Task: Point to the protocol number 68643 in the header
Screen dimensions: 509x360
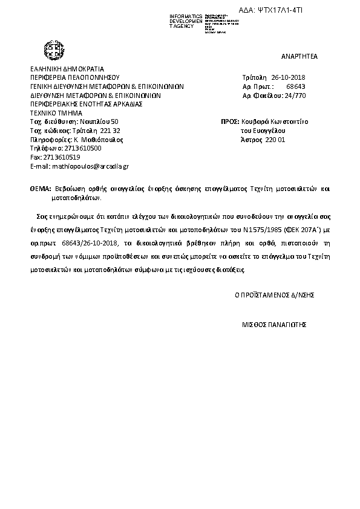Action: pyautogui.click(x=296, y=86)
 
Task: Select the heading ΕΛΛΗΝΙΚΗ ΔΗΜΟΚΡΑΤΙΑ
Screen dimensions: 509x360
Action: pyautogui.click(x=67, y=69)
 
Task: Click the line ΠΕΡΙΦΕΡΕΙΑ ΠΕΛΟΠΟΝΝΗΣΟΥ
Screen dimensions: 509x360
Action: pyautogui.click(x=74, y=78)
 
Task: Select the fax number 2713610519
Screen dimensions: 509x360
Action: pyautogui.click(x=59, y=157)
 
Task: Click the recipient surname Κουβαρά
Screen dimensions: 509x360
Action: pyautogui.click(x=254, y=122)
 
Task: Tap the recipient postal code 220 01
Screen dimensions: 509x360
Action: pyautogui.click(x=275, y=140)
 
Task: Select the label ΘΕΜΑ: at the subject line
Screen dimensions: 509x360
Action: pyautogui.click(x=41, y=189)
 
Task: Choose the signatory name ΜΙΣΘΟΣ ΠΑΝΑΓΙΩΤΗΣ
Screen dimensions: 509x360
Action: pyautogui.click(x=274, y=324)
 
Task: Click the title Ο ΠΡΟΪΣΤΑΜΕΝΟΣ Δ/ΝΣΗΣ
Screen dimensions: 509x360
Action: pyautogui.click(x=274, y=295)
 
